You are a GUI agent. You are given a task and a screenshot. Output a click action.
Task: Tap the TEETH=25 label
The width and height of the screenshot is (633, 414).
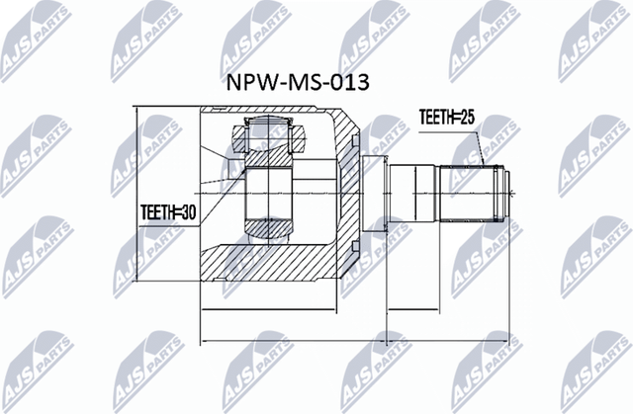point(447,117)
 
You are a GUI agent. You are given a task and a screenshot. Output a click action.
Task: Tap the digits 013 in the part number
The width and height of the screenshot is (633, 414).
point(349,81)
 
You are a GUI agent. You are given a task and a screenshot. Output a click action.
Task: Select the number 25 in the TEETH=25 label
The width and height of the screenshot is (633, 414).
point(468,117)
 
